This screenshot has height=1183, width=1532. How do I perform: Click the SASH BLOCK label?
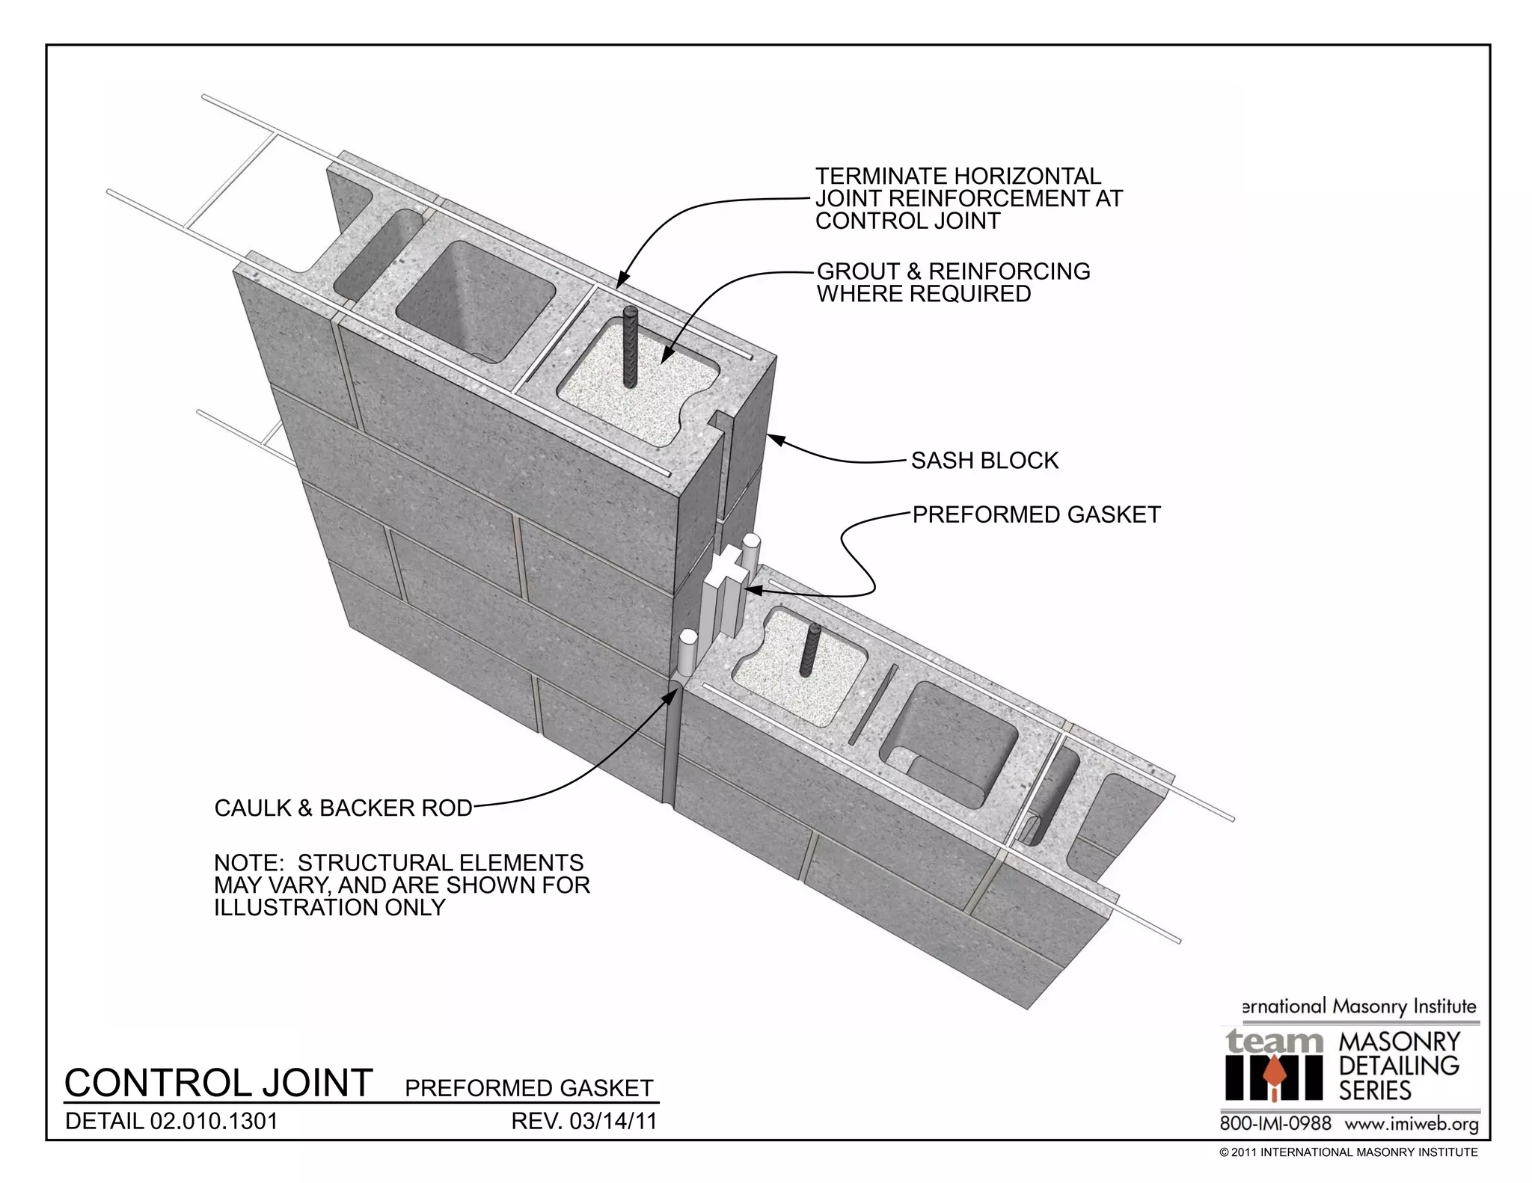984,461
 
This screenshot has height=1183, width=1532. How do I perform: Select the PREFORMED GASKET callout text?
1036,514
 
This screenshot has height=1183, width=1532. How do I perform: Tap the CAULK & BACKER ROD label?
343,808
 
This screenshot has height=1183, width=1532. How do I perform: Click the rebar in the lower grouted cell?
811,651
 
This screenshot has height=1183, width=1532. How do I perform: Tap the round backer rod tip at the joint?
687,640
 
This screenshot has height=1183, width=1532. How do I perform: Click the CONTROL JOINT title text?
218,1083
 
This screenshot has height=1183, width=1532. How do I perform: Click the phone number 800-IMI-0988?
1275,1123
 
